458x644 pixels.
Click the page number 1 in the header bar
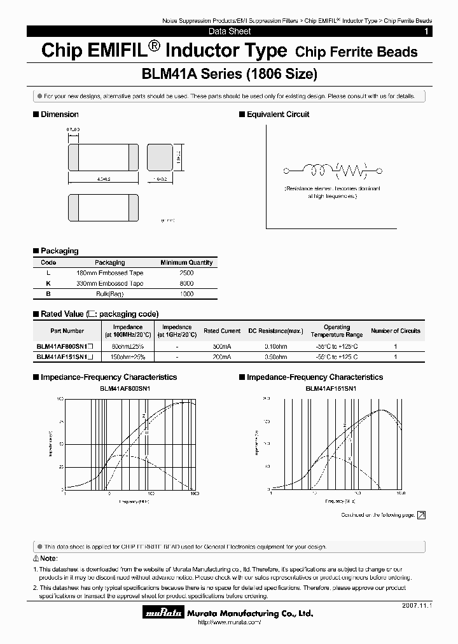426,31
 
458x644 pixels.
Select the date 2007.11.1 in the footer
417,607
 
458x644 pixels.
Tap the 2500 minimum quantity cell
186,272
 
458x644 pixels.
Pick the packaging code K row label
48,283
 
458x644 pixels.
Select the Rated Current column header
222,331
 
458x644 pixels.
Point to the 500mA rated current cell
222,346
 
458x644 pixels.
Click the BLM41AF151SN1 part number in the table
61,358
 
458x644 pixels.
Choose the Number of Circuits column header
396,331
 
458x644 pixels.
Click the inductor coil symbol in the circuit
316,170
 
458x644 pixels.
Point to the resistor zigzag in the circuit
351,170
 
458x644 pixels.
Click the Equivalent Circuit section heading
278,115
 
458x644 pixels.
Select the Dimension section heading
59,115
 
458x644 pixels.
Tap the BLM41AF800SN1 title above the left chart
125,388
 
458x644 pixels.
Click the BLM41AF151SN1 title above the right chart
331,388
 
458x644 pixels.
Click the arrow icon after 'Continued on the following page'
421,515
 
